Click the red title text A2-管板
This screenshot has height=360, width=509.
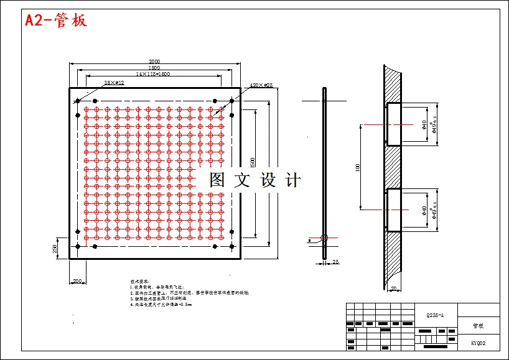pyautogui.click(x=56, y=21)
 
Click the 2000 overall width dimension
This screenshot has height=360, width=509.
pyautogui.click(x=154, y=62)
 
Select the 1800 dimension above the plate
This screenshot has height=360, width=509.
pyautogui.click(x=154, y=68)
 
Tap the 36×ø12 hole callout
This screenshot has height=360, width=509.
pyautogui.click(x=114, y=83)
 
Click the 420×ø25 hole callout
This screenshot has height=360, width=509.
pyautogui.click(x=261, y=85)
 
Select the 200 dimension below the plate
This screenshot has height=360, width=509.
pyautogui.click(x=77, y=282)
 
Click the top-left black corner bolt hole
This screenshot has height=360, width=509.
pyautogui.click(x=77, y=100)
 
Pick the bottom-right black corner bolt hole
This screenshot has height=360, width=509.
pyautogui.click(x=231, y=247)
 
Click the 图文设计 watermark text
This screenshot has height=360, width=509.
pyautogui.click(x=255, y=180)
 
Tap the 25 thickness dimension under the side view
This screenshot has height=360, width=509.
pyautogui.click(x=336, y=262)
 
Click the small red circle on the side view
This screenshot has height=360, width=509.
pyautogui.click(x=324, y=238)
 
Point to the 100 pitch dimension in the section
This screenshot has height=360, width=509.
pyautogui.click(x=358, y=168)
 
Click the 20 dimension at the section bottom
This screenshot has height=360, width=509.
pyautogui.click(x=394, y=288)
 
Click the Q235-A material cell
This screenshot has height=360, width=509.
pyautogui.click(x=436, y=315)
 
